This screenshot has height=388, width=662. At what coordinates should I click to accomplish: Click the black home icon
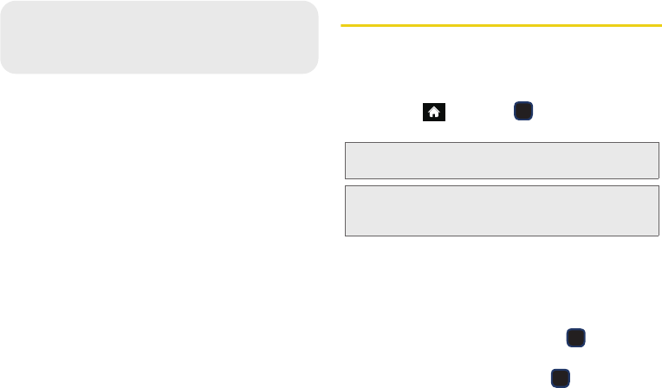click(434, 112)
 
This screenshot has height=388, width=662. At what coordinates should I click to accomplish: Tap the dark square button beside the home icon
click(523, 111)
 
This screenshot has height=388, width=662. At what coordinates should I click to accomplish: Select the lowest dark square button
click(560, 376)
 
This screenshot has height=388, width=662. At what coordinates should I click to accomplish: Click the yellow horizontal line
click(501, 26)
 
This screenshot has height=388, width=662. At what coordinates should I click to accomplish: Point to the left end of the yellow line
click(343, 26)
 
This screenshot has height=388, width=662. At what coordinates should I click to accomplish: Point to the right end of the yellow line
click(659, 26)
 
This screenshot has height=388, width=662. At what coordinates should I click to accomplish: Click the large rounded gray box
click(159, 37)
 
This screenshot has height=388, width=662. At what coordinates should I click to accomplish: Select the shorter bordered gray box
click(502, 160)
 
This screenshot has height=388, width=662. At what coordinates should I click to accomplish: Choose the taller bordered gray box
click(502, 210)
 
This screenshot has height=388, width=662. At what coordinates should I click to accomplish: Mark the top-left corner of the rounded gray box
click(4, 4)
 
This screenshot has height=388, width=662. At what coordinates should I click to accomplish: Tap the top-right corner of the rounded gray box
click(315, 4)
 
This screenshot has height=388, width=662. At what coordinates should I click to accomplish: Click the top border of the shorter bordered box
click(502, 142)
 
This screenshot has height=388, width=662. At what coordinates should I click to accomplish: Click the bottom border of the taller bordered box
click(502, 236)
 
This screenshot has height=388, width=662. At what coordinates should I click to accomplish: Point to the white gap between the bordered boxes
click(502, 181)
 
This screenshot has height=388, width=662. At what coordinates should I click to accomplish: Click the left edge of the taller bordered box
click(345, 210)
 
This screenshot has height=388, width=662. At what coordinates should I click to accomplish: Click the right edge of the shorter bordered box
click(659, 160)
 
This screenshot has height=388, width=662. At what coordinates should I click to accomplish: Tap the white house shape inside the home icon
click(434, 111)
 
